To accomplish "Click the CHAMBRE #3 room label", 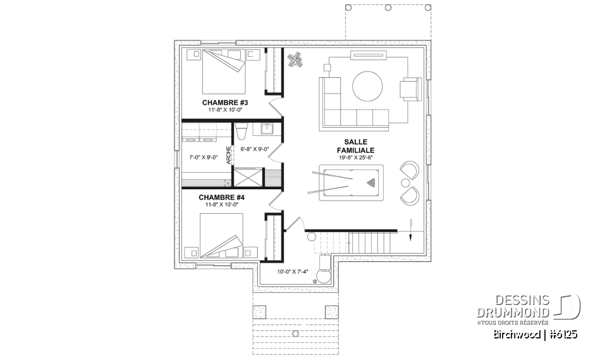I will click(x=224, y=102).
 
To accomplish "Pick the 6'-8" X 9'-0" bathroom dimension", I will click(x=255, y=149).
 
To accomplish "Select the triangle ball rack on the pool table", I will click(x=370, y=183).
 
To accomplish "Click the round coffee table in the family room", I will click(x=367, y=85).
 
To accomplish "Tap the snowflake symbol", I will click(x=295, y=61).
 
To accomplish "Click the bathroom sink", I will click(x=266, y=129).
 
